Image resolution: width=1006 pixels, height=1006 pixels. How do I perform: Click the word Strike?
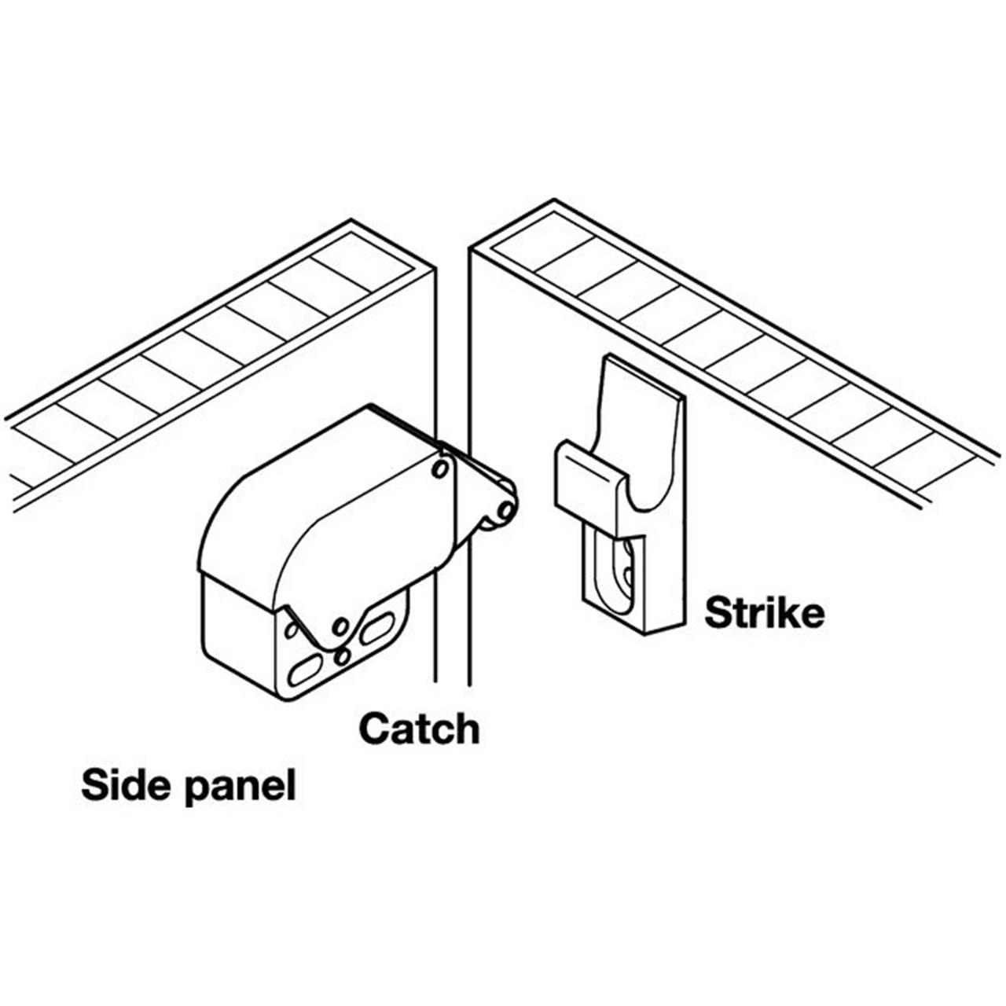[x=764, y=613]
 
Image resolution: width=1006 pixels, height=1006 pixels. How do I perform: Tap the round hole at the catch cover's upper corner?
[x=441, y=468]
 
